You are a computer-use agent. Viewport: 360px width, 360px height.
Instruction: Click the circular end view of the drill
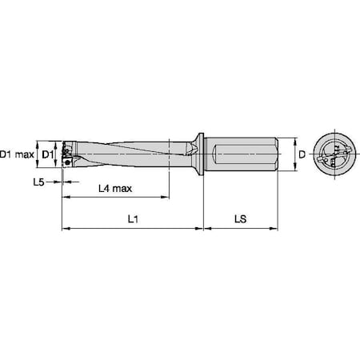click(334, 152)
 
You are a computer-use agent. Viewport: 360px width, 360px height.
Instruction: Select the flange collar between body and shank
click(200, 152)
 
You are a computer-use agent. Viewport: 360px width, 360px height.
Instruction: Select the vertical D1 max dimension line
click(37, 152)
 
